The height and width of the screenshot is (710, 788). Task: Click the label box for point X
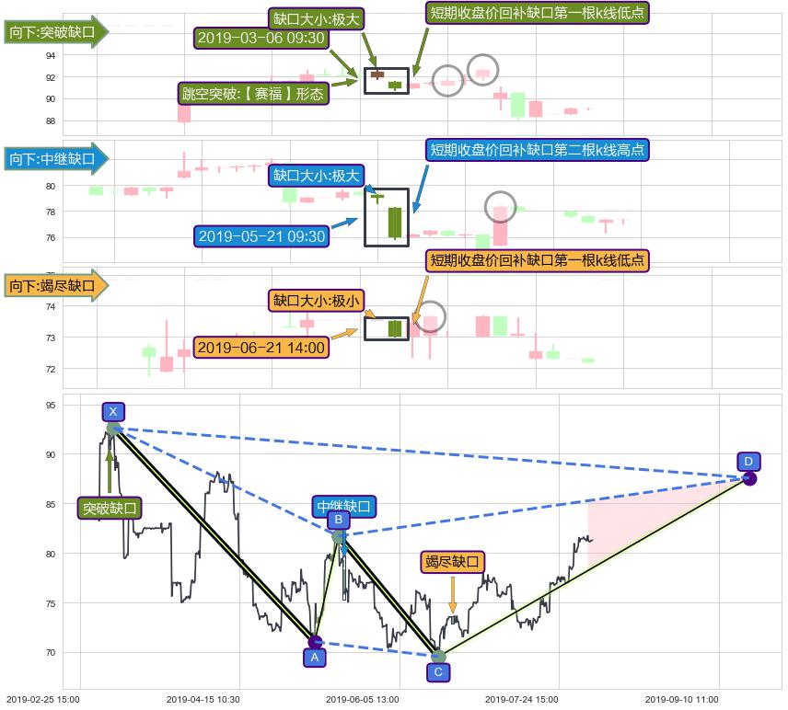(x=112, y=411)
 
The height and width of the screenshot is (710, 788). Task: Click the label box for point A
(x=314, y=658)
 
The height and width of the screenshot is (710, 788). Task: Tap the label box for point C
(x=438, y=671)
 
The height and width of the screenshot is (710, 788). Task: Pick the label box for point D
(x=748, y=461)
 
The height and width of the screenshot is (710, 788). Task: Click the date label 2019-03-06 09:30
(x=261, y=38)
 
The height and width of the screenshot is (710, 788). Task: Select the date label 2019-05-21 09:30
(x=261, y=236)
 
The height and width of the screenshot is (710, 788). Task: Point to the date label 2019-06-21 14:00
(x=261, y=347)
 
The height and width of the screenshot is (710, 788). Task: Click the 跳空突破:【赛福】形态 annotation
(x=253, y=94)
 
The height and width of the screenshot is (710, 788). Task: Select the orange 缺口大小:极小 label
(x=317, y=300)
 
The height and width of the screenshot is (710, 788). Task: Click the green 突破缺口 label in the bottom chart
(x=110, y=508)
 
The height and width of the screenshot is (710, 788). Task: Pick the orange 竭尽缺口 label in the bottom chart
(x=452, y=562)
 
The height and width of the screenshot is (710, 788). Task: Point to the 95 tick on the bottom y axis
(x=51, y=406)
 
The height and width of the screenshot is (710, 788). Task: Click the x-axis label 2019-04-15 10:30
(x=204, y=699)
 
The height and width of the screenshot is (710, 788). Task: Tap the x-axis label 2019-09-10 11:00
(x=682, y=699)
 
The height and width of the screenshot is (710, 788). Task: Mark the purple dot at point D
(x=749, y=478)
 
